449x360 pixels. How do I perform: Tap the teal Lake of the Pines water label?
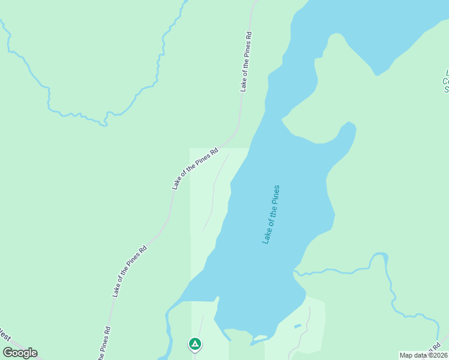(x=271, y=214)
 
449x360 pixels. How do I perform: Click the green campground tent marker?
(x=194, y=344)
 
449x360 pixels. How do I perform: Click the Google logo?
(x=20, y=352)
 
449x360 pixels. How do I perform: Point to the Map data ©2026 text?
(x=423, y=355)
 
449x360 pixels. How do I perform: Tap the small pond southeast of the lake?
(x=298, y=326)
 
